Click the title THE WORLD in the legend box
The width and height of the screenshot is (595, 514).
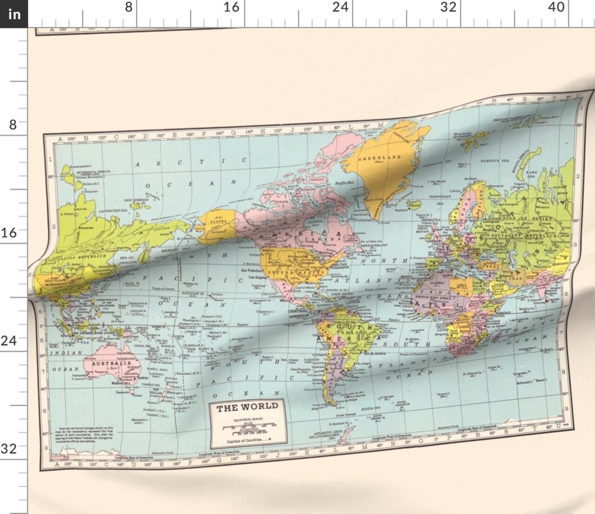[247, 408]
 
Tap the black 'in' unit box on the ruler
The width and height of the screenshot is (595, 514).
[14, 14]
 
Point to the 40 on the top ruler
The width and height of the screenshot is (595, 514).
[555, 7]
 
